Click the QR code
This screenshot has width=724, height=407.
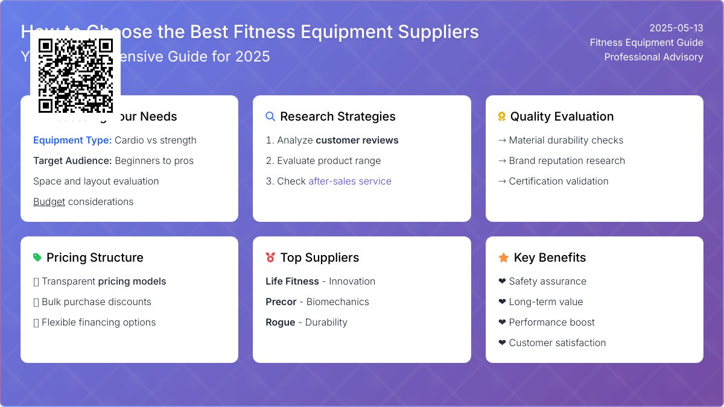pos(75,75)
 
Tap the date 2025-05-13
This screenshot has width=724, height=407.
pos(676,28)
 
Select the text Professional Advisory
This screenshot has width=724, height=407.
pos(653,57)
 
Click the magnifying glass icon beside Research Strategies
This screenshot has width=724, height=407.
pos(270,116)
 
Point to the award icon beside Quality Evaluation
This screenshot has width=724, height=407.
pos(501,116)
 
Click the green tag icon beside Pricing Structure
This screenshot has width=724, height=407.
pos(37,257)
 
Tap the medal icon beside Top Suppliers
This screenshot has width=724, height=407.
pos(270,257)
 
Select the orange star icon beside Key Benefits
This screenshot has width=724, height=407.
pos(503,257)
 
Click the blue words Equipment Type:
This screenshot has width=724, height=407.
pos(72,140)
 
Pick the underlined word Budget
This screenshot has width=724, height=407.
pos(49,201)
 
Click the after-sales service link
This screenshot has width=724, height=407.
pos(350,181)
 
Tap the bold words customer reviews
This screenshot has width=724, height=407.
pos(357,140)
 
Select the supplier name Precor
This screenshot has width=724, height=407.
pos(281,301)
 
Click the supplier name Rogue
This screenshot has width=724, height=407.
pos(280,322)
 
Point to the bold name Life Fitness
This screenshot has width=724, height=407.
pos(292,281)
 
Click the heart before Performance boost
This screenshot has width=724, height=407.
pos(502,322)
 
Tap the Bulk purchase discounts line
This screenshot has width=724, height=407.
pos(97,301)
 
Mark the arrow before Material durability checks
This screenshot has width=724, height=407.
pos(502,140)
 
